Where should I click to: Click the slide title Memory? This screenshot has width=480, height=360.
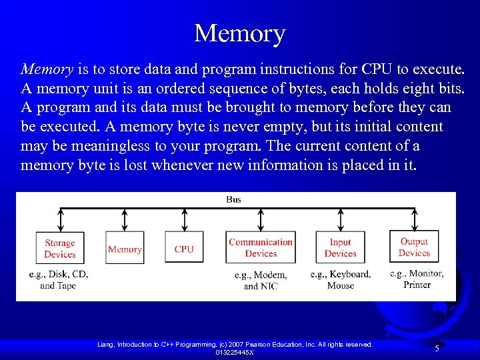pos(240,33)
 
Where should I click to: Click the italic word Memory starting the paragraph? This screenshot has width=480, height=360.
pos(46,69)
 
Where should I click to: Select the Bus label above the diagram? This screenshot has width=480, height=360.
pos(234,199)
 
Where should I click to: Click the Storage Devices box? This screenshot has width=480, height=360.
pos(60,248)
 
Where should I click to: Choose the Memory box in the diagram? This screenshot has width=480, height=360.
pos(125,249)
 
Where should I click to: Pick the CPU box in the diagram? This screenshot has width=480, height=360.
pos(184,249)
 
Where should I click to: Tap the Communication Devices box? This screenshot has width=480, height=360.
pos(261,248)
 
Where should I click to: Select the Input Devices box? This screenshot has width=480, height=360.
pos(341,248)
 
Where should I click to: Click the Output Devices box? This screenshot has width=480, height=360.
pos(414,247)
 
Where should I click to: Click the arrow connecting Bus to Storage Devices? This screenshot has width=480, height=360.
pos(61,219)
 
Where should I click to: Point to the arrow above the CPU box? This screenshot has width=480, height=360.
pos(184,219)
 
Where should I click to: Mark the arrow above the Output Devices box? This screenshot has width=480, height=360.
pos(414,219)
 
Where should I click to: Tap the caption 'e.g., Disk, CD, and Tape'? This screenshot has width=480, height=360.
pos(59,280)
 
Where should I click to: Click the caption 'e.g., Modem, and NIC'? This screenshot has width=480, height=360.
pos(261,281)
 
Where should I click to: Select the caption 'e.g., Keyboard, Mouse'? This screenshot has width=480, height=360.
pos(341,280)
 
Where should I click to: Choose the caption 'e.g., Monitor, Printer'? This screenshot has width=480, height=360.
pos(416,279)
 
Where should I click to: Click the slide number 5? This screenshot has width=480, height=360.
pos(437,348)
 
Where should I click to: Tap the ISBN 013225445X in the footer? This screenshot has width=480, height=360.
pos(234,352)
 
